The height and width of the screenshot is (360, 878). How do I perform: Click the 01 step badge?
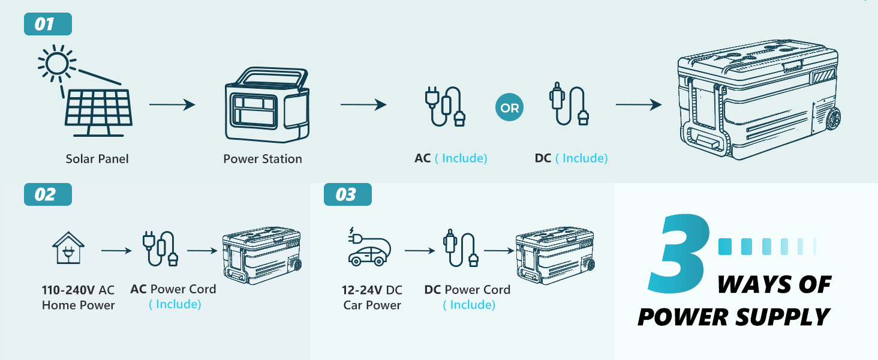click(47, 24)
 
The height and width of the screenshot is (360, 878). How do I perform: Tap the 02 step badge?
click(47, 194)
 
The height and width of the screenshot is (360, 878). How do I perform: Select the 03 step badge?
click(347, 194)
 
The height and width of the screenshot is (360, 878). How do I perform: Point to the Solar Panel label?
click(97, 159)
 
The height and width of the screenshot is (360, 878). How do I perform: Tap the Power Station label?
click(263, 159)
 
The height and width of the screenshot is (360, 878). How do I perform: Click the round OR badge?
click(509, 109)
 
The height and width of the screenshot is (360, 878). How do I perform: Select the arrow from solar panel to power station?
click(172, 105)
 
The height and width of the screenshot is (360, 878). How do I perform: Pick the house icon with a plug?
click(68, 248)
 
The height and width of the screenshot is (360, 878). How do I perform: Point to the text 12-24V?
click(362, 290)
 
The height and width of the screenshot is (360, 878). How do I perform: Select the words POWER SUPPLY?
click(733, 317)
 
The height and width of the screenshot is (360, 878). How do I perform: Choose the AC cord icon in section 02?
click(160, 249)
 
